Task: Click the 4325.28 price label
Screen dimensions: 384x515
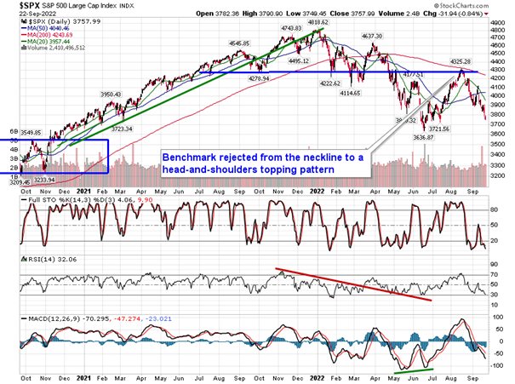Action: (x=461, y=62)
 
